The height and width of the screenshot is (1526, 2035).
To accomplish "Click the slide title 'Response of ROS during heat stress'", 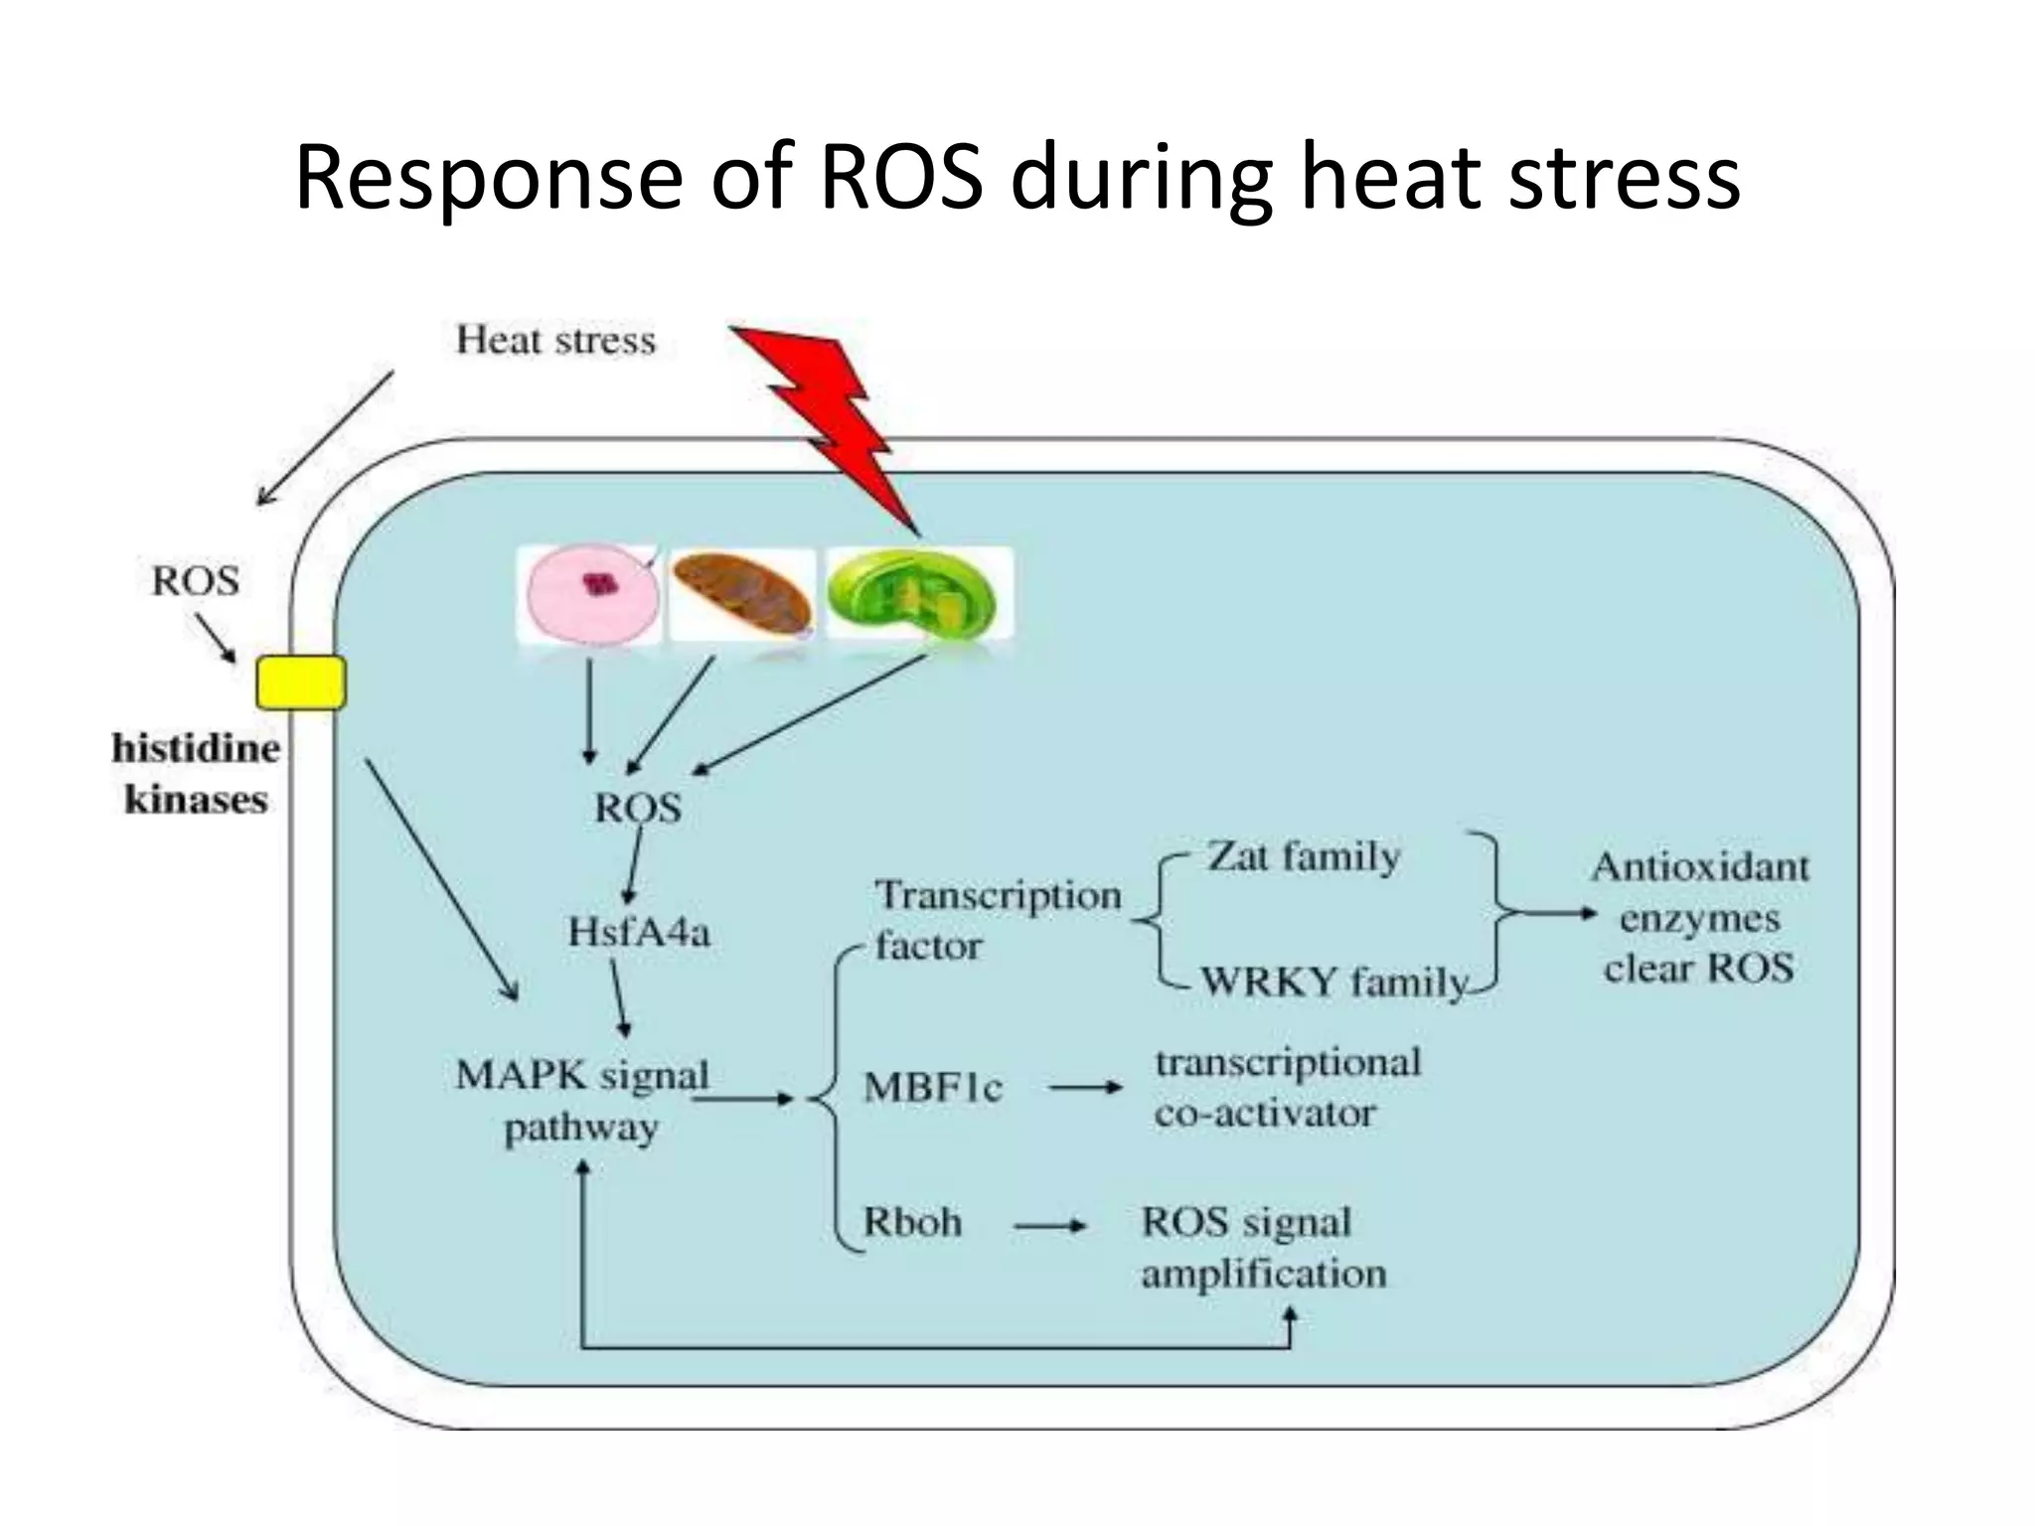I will [1017, 179].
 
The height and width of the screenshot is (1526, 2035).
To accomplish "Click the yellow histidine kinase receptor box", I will [301, 683].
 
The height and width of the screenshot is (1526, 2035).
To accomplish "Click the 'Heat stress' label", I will [555, 341].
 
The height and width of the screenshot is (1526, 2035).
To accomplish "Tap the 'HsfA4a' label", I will [639, 932].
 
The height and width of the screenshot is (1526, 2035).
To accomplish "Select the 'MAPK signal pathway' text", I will [582, 1101].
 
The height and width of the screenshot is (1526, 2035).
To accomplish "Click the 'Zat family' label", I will [1304, 855].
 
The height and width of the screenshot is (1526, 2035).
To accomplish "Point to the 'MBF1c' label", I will [932, 1088].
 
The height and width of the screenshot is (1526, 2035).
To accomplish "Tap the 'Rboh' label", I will [912, 1222].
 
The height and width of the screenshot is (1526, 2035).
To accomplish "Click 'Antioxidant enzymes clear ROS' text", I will [1699, 917].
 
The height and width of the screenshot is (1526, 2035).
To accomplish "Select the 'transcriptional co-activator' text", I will [1287, 1088].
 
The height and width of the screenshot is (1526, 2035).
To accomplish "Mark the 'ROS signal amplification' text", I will [1262, 1248].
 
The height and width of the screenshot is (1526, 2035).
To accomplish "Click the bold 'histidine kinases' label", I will [195, 774].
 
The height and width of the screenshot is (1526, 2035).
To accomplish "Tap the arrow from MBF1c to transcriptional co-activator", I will [1085, 1088].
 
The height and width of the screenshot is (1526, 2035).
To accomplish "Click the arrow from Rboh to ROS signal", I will [1049, 1226].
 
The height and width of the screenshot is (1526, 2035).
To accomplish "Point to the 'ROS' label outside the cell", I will [195, 581].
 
